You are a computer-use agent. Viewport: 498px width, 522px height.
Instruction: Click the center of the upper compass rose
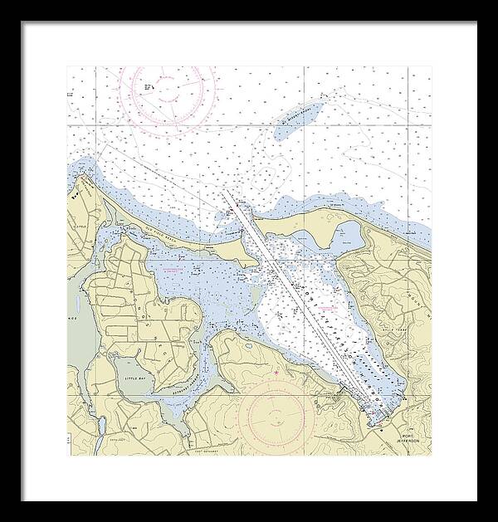168,84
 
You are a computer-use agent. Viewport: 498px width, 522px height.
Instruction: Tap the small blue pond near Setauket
247,343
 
